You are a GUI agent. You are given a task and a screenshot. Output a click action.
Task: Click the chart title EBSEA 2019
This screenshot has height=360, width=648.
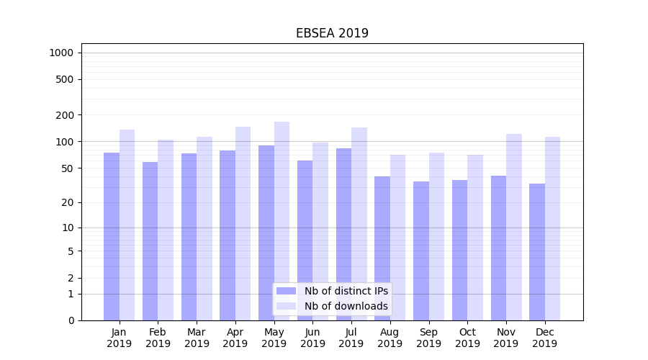point(332,33)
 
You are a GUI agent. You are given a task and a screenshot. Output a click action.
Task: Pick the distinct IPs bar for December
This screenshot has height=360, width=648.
point(537,252)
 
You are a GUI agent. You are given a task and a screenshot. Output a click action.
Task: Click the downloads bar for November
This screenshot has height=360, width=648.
point(513,227)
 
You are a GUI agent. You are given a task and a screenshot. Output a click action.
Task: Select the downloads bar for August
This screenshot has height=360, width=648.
point(397,238)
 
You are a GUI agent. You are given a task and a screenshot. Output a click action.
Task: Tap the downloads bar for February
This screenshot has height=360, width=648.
point(166,230)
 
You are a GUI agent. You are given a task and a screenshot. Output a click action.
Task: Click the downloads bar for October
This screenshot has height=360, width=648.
point(475,238)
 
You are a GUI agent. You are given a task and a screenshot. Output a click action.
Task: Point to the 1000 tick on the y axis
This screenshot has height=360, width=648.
point(61,53)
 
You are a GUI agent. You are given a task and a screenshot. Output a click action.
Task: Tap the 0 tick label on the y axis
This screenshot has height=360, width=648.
point(71,320)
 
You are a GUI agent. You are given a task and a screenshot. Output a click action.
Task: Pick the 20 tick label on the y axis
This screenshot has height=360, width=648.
point(68,202)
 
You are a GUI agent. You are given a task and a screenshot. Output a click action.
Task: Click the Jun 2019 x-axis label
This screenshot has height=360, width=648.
point(312,338)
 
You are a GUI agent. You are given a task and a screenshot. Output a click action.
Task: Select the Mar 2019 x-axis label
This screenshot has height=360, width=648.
point(197,338)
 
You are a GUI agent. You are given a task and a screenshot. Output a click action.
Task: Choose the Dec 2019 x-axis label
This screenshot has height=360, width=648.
point(544,338)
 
